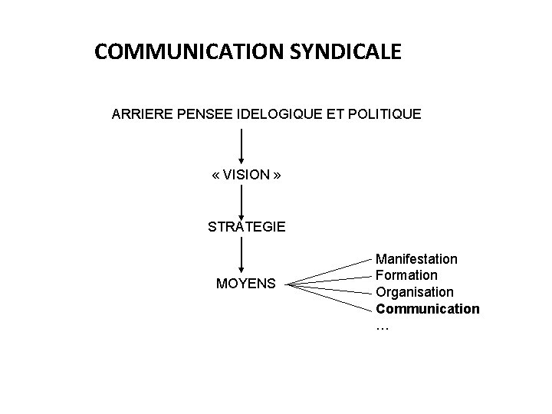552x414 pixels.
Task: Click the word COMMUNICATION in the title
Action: tap(189, 53)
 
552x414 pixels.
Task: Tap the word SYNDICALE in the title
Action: tap(346, 53)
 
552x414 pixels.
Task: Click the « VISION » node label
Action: tap(246, 175)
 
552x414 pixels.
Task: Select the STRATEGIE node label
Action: tap(247, 227)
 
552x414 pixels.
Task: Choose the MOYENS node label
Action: tap(246, 284)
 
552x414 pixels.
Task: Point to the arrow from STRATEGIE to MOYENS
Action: tap(242, 256)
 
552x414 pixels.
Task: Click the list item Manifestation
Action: tap(416, 259)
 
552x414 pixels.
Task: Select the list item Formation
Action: tap(407, 275)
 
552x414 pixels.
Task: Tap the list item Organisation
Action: tap(415, 292)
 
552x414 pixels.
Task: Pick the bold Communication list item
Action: tap(428, 309)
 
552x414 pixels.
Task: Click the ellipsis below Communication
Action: tap(383, 327)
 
